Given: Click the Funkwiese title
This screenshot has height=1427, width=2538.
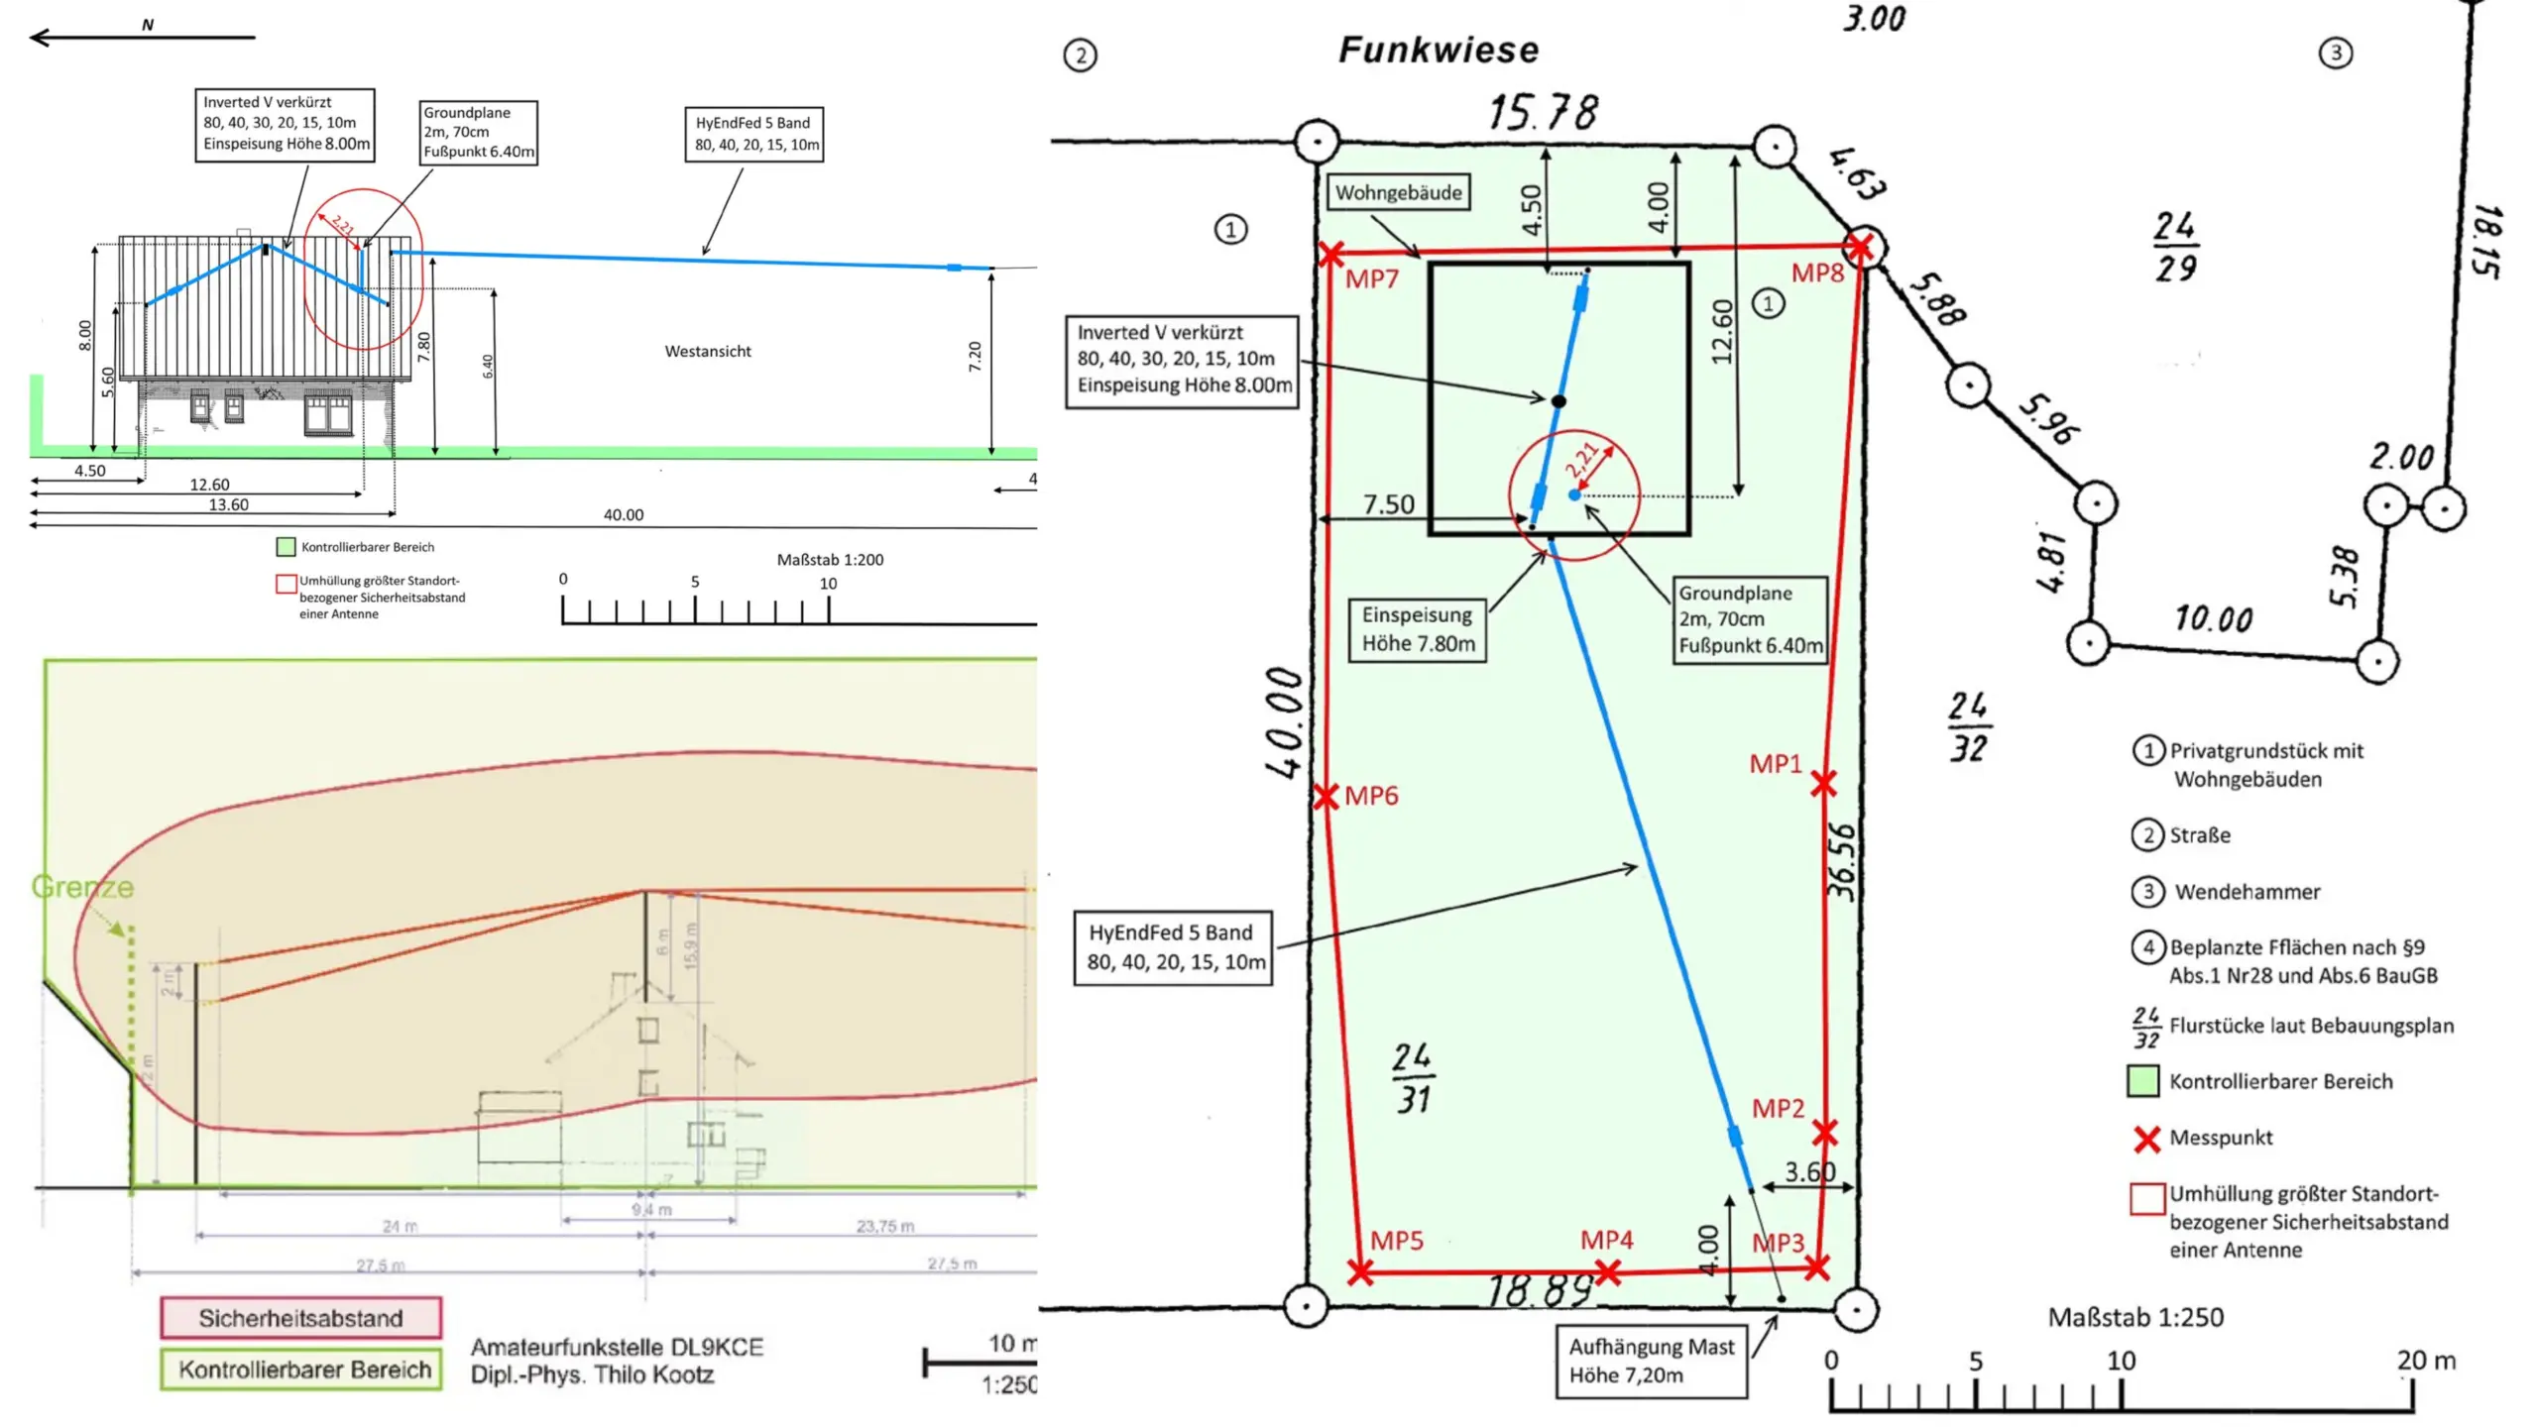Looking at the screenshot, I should [1439, 51].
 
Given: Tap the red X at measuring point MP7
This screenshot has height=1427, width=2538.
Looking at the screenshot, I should [1331, 255].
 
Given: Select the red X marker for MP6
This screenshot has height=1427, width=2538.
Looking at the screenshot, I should [1326, 797].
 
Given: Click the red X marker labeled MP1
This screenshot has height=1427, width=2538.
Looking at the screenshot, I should [1823, 785].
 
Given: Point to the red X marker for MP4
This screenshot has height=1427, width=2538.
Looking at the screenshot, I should [1608, 1272].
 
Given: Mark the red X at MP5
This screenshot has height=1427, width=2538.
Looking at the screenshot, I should [1361, 1272].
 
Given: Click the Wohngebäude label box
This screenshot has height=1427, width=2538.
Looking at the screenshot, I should [1398, 193].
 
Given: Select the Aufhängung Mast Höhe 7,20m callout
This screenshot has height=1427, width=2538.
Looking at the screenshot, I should [1651, 1361].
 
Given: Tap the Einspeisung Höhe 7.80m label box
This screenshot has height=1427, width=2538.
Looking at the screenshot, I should [1418, 629].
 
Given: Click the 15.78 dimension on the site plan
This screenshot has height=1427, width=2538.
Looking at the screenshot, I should [1543, 112].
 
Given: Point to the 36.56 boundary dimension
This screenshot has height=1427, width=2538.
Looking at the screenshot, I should [1840, 861].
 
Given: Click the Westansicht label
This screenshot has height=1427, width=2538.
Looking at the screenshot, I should [708, 352].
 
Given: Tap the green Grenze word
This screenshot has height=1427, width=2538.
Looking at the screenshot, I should [82, 887].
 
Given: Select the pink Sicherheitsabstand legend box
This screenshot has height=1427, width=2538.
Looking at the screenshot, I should [300, 1318].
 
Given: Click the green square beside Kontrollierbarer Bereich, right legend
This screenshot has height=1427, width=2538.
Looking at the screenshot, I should [2143, 1081].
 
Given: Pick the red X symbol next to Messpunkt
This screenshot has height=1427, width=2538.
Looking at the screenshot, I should [2147, 1140].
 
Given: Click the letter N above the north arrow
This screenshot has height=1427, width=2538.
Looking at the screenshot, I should [148, 25].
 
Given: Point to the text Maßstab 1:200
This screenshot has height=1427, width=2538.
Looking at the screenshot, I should [830, 560].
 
